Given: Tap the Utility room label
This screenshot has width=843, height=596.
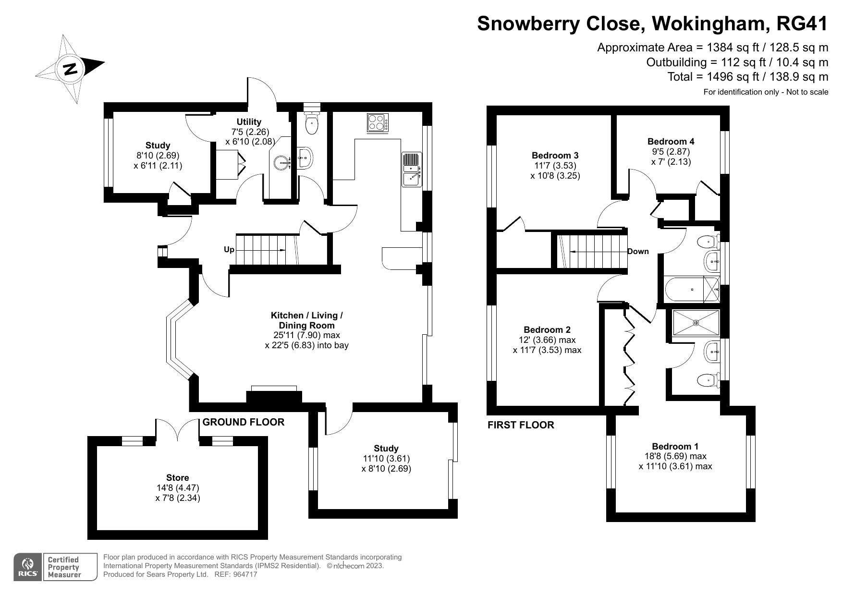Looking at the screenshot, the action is tap(249, 122).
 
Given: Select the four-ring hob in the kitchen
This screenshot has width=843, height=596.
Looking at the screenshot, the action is tap(378, 122).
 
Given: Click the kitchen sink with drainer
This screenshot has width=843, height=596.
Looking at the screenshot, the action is tap(411, 169).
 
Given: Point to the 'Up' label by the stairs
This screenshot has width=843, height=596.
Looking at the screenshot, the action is tap(229, 250).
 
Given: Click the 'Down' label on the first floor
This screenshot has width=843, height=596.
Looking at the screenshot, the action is tap(638, 251).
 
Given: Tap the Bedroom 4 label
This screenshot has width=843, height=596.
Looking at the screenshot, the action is tap(671, 141).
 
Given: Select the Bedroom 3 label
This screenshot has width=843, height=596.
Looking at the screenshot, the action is tap(555, 155).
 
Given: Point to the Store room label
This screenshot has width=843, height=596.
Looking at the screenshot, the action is tap(177, 477).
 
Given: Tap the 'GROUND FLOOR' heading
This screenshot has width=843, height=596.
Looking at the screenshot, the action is tap(244, 422).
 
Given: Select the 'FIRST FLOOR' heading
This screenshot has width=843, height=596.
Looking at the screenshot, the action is tap(521, 425).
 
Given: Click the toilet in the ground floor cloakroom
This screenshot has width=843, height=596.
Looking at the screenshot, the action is tap(312, 124).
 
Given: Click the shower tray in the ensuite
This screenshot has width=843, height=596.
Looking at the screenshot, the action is tap(696, 322).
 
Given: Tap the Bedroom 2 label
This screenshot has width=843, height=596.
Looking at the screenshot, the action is tap(547, 329).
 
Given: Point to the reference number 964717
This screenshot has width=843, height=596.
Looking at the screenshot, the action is tap(245, 574).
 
